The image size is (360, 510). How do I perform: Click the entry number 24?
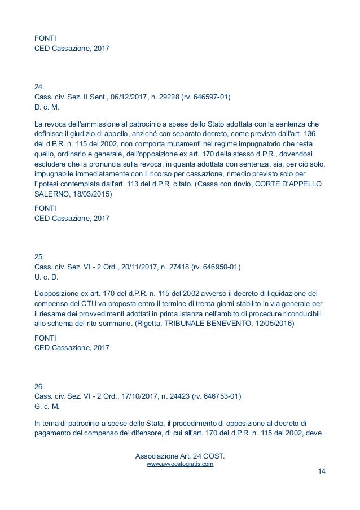[x=39, y=88]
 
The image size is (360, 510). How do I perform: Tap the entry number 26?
[x=39, y=386]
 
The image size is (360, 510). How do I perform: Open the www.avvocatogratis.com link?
[x=180, y=464]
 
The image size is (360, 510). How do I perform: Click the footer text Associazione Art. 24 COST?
[x=180, y=455]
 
